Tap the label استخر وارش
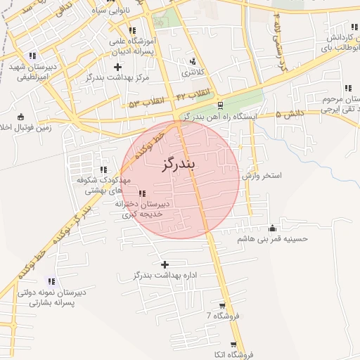[x=262, y=175]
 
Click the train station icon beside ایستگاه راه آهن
[x=221, y=106]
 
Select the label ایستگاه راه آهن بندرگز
[x=220, y=117]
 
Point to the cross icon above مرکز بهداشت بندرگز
[x=117, y=67]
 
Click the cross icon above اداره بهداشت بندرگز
[x=165, y=265]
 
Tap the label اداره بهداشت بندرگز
[x=167, y=275]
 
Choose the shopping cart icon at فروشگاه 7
[x=223, y=306]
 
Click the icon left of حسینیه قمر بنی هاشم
[x=273, y=228]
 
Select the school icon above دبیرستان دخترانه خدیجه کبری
[x=143, y=193]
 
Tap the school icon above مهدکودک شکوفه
[x=103, y=169]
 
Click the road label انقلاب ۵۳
[x=146, y=103]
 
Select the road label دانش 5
[x=289, y=112]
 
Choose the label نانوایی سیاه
[x=107, y=11]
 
